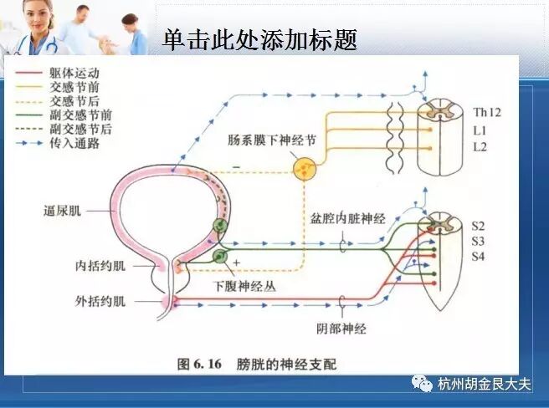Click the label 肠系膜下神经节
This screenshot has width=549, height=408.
tap(272, 140)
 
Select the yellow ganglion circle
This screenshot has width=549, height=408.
tap(304, 171)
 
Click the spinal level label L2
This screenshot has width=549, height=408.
tap(480, 147)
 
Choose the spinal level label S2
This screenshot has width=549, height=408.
tap(479, 226)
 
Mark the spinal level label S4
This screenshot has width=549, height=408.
tap(479, 258)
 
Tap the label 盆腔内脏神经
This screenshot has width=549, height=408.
tap(347, 219)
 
